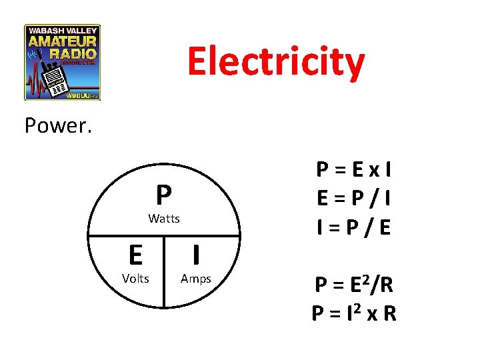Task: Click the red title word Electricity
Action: point(276,62)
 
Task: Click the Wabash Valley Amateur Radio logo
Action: point(63,62)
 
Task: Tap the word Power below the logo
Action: point(58,125)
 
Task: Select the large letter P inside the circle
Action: point(164,196)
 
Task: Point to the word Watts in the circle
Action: point(164,219)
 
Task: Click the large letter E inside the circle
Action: point(135,255)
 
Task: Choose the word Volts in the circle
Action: point(135,278)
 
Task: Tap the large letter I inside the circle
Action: point(196,255)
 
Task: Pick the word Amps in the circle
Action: point(196,278)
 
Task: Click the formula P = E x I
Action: point(354,171)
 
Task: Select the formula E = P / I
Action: point(354,199)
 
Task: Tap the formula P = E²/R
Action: point(354,285)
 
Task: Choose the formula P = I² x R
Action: point(354,313)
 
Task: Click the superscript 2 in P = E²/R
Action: point(363,278)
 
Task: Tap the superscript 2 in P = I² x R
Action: point(357,306)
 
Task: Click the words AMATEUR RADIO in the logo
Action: point(63,47)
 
